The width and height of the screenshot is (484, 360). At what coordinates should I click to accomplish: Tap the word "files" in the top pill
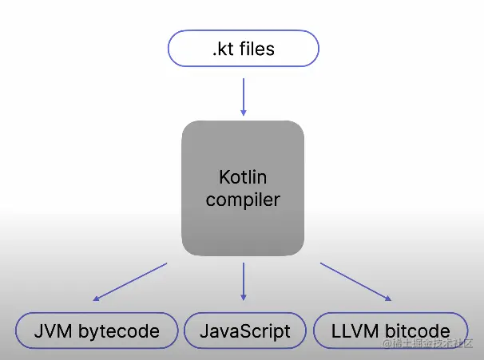pos(257,49)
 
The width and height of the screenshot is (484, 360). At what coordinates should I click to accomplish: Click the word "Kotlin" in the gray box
pos(243,176)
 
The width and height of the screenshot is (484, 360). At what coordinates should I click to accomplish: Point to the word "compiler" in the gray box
pos(243,199)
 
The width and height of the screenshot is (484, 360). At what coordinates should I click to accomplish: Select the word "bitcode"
pos(417,330)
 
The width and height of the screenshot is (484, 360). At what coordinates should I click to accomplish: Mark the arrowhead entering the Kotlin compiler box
pos(243,112)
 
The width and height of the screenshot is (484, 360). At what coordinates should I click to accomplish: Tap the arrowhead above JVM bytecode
pos(96,299)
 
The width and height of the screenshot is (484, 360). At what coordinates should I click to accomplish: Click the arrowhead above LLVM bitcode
pos(389,299)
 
